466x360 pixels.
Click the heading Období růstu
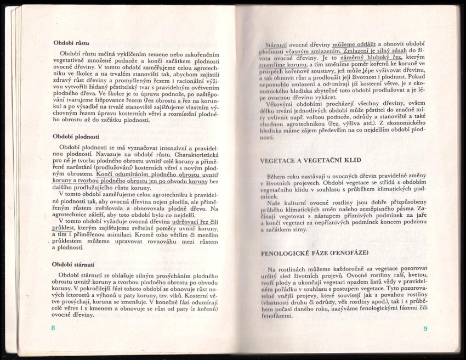pyautogui.click(x=71, y=42)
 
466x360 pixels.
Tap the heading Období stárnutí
pyautogui.click(x=74, y=264)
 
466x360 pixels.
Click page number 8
pyautogui.click(x=53, y=328)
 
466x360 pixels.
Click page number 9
pyautogui.click(x=425, y=329)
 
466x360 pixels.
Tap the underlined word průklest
pyautogui.click(x=64, y=226)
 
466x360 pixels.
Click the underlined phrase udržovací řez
pyautogui.click(x=190, y=220)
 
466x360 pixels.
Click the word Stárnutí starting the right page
pyautogui.click(x=277, y=43)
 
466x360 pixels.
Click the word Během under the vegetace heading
pyautogui.click(x=279, y=177)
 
